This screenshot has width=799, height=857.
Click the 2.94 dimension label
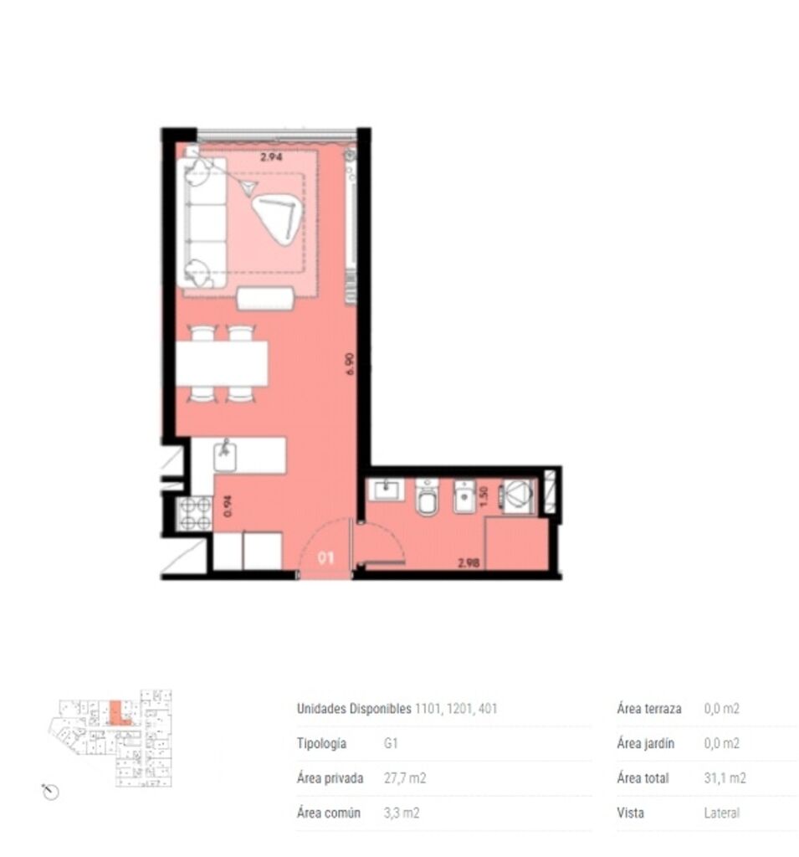tap(271, 157)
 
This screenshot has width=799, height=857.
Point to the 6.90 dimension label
tap(350, 364)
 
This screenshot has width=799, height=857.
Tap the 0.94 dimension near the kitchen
tap(228, 505)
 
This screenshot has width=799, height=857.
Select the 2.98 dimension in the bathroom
tap(469, 562)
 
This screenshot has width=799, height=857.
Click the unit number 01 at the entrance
tap(325, 557)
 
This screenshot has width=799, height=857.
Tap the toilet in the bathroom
tap(427, 496)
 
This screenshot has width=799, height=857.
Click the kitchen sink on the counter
tap(225, 455)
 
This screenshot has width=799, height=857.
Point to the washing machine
tap(518, 495)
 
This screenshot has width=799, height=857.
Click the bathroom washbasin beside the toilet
tap(387, 490)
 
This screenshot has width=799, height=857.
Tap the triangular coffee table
tap(278, 219)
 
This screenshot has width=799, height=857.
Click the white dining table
tap(222, 363)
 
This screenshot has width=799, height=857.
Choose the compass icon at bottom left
tap(50, 791)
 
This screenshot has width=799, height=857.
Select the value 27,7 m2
tap(404, 777)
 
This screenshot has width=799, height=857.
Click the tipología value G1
tap(391, 743)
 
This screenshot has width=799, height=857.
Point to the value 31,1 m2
tap(725, 777)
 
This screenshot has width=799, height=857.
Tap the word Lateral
tap(721, 813)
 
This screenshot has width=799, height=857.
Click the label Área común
tap(329, 813)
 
